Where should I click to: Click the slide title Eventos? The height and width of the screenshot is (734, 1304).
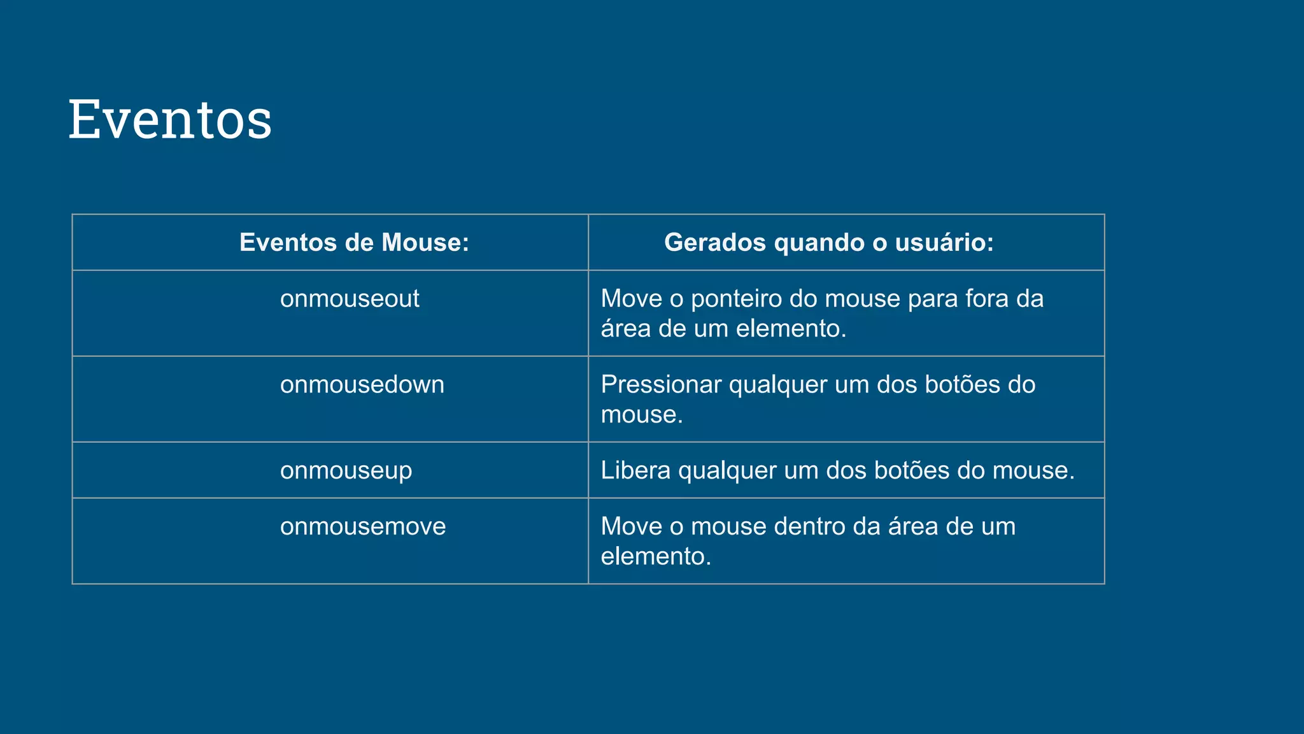click(x=170, y=119)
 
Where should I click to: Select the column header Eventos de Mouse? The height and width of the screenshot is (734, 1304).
click(x=354, y=242)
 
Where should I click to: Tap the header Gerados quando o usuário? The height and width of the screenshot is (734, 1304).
click(x=829, y=242)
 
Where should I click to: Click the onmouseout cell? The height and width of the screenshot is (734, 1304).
click(x=350, y=298)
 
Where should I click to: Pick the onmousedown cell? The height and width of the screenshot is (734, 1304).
click(x=362, y=384)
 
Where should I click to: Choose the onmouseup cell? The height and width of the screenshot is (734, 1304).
click(x=346, y=470)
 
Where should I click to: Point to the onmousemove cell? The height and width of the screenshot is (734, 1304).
click(x=363, y=526)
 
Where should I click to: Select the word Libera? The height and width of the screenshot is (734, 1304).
click(x=635, y=470)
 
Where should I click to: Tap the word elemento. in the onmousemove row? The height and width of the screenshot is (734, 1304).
click(x=656, y=556)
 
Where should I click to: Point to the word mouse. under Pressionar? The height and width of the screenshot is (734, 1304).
click(x=642, y=415)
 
